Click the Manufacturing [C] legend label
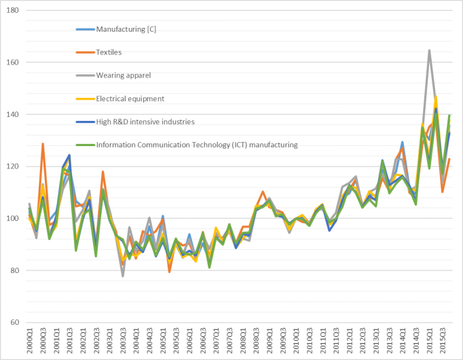click(x=131, y=29)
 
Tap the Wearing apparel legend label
click(x=124, y=75)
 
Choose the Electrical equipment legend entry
click(x=130, y=98)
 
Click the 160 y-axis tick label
click(x=14, y=62)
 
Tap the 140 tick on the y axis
click(x=14, y=115)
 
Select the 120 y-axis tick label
click(x=14, y=166)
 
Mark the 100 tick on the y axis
click(x=14, y=219)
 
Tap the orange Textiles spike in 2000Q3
click(x=43, y=144)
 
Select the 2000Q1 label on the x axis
click(x=30, y=340)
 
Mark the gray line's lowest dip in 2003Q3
click(x=123, y=276)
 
